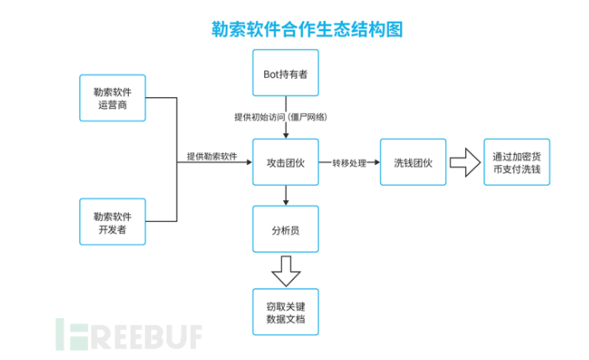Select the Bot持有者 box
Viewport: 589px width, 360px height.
(x=286, y=75)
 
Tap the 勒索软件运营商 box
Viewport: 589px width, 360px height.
(x=112, y=98)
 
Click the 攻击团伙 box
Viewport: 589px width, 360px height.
(x=286, y=162)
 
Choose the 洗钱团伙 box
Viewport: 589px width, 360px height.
(x=412, y=162)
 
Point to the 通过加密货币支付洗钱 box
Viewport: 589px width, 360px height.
(x=517, y=162)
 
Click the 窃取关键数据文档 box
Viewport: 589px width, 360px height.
(x=286, y=311)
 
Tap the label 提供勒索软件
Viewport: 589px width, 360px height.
(x=212, y=157)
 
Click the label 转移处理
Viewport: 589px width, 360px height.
(x=349, y=162)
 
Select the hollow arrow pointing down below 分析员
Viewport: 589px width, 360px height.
(x=286, y=270)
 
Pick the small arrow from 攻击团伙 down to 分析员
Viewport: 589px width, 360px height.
(x=286, y=195)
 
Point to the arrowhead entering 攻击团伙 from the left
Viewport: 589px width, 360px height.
(x=248, y=162)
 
